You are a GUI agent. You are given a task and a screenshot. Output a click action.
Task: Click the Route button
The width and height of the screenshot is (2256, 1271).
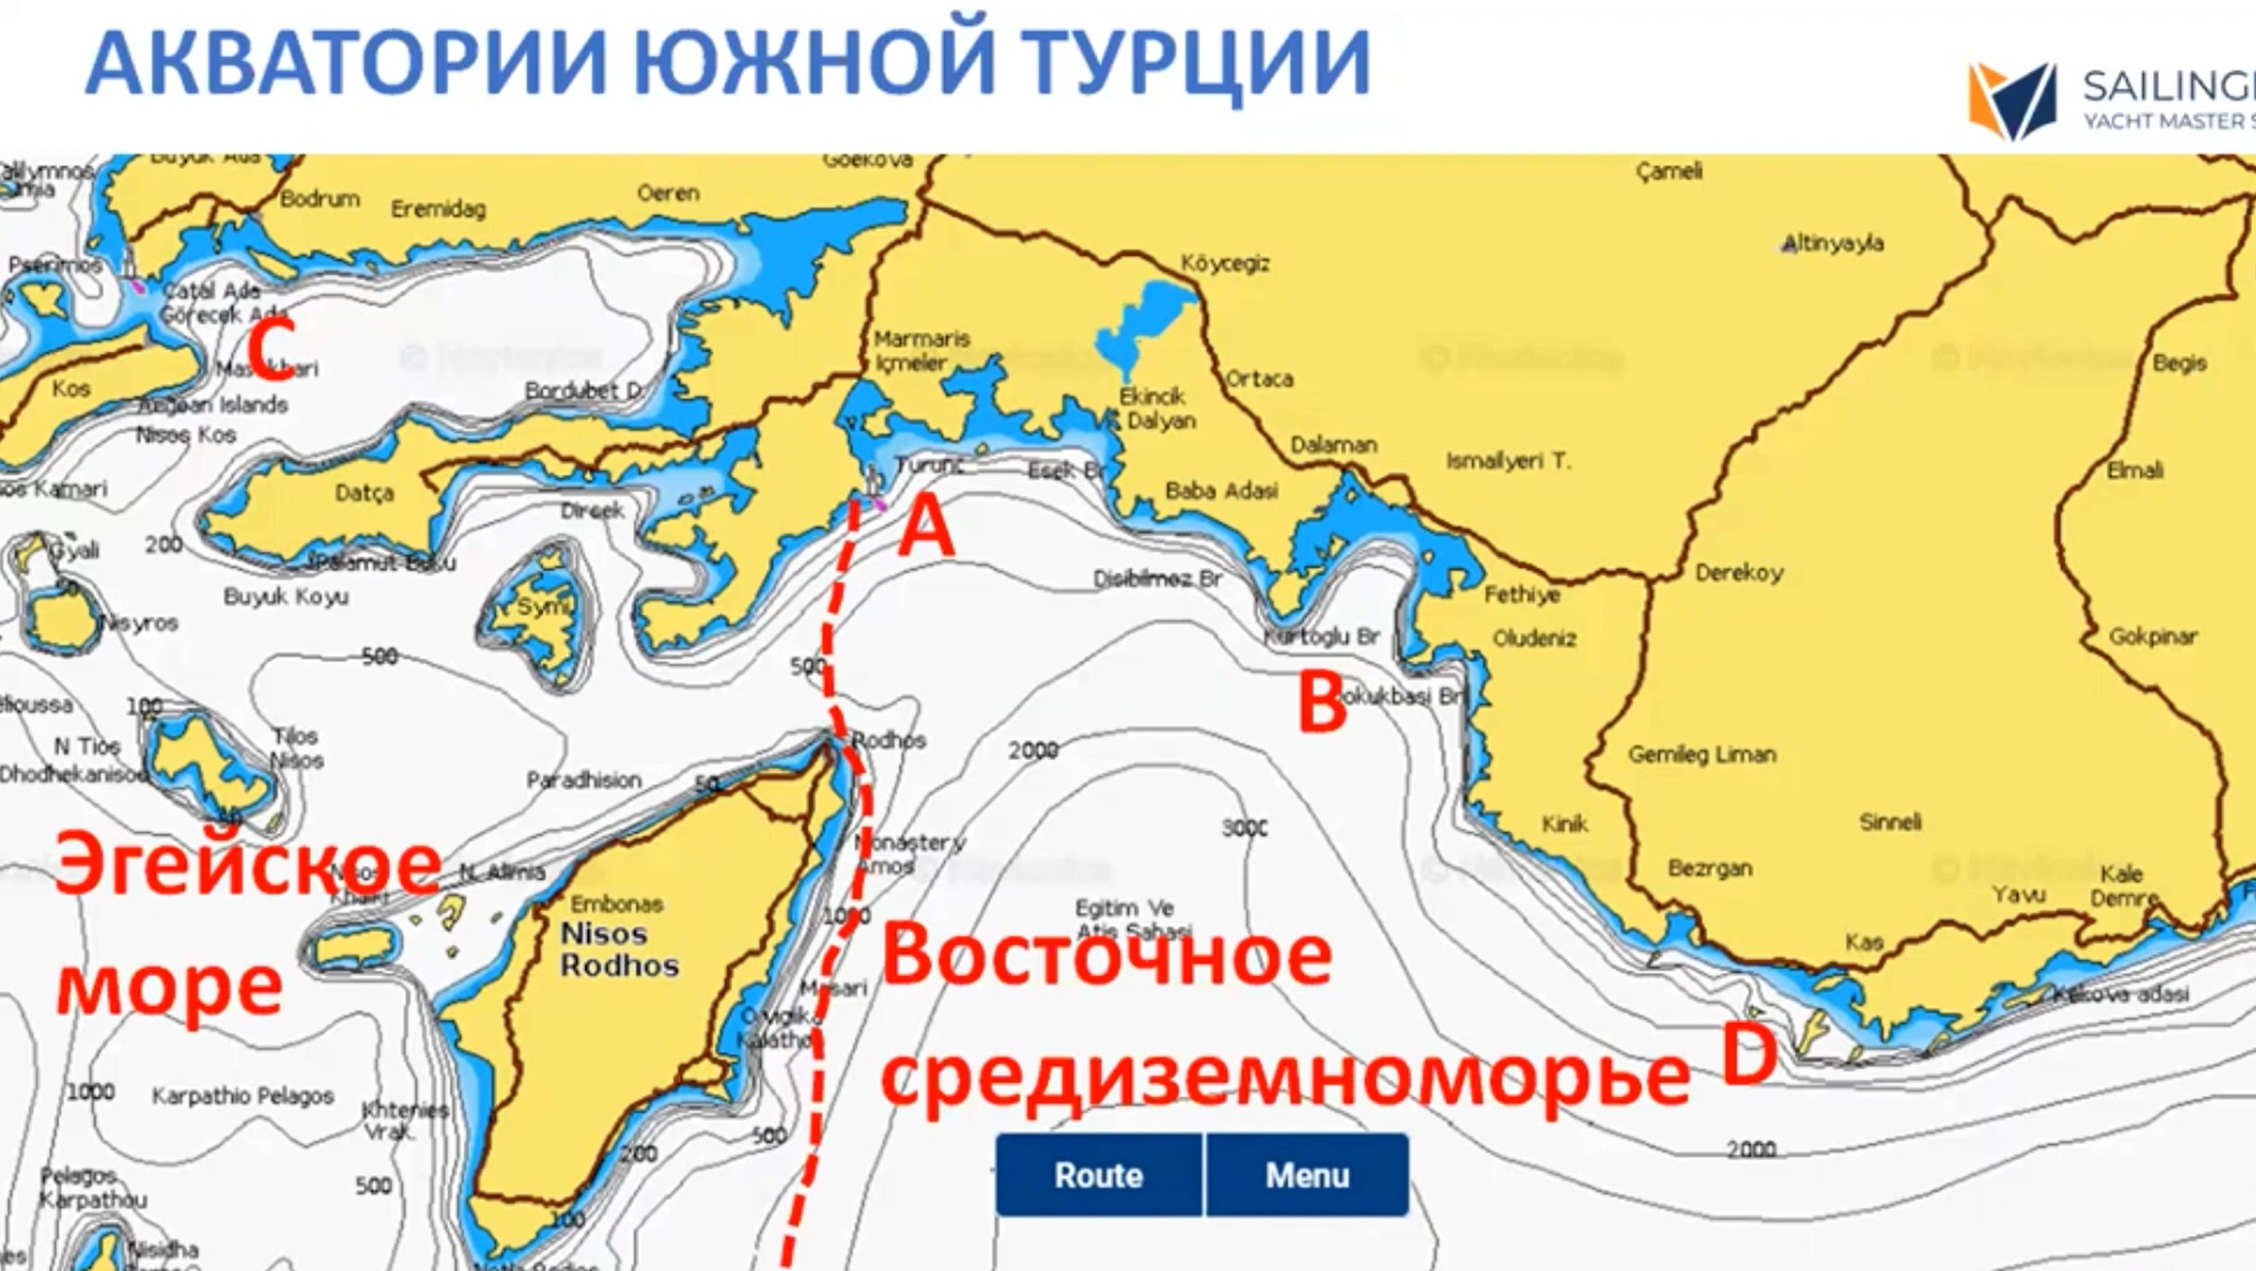click(x=1098, y=1175)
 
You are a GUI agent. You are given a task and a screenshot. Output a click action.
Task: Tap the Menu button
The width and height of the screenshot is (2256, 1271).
click(x=1307, y=1175)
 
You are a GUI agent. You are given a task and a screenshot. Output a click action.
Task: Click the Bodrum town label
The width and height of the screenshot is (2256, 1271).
click(x=320, y=199)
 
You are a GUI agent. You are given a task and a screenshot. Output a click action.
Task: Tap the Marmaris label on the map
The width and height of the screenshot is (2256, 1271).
click(x=921, y=339)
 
